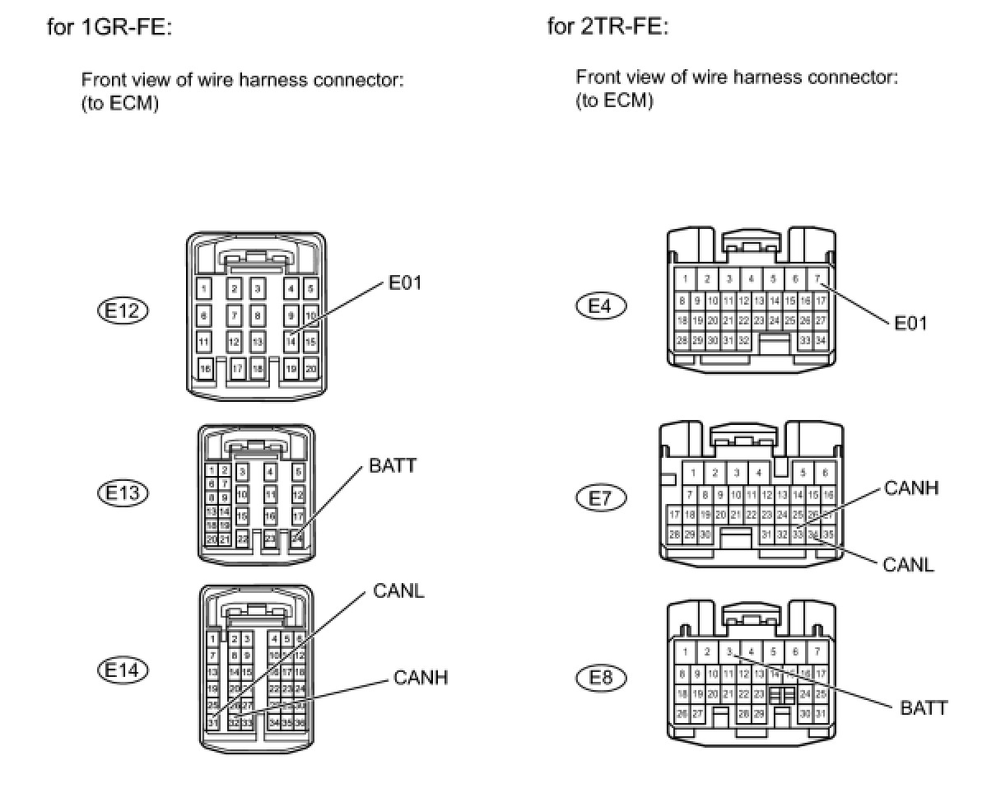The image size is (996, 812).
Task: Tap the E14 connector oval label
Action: [x=123, y=670]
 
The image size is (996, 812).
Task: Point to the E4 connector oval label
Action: [x=600, y=306]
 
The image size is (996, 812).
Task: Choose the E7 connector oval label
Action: [x=600, y=497]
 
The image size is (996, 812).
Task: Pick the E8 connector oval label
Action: [x=600, y=678]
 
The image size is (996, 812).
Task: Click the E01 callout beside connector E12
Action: [x=404, y=284]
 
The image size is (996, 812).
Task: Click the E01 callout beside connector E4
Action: [x=910, y=323]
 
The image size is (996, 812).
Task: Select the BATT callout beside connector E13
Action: [x=393, y=466]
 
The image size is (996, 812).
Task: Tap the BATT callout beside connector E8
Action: [x=924, y=707]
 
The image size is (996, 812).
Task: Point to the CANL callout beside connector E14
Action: [x=398, y=591]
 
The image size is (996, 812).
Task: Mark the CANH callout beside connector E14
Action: [x=421, y=678]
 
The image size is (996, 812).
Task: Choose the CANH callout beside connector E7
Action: [x=911, y=488]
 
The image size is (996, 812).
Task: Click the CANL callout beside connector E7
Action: [x=908, y=565]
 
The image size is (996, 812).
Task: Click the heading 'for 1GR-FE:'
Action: [x=109, y=27]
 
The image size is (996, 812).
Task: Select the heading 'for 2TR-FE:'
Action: [x=608, y=27]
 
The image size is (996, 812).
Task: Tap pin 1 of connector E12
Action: [x=204, y=288]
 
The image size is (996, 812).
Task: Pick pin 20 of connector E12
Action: [x=310, y=370]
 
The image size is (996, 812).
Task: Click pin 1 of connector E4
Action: [x=684, y=279]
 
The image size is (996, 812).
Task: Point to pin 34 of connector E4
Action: [x=820, y=340]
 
